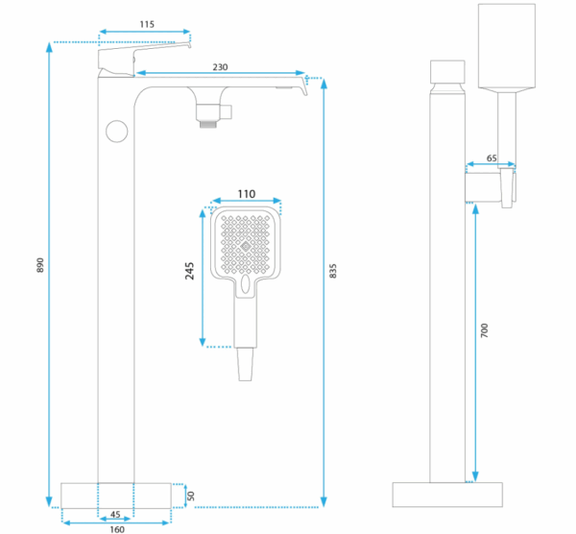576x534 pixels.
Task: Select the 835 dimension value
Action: (333, 273)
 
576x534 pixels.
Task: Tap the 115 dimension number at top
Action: (146, 22)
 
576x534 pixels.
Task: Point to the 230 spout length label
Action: (221, 66)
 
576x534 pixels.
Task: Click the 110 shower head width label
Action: (246, 194)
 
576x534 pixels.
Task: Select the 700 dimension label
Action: (485, 329)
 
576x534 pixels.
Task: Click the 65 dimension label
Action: (492, 158)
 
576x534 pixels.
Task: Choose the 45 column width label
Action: (115, 514)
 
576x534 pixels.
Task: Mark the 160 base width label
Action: (115, 527)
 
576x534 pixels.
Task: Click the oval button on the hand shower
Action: (247, 286)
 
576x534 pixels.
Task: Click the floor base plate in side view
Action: (448, 495)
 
